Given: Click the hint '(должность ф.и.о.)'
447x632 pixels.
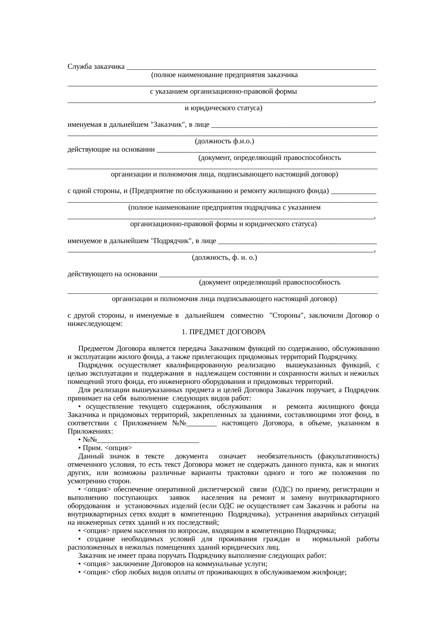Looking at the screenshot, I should [224, 142].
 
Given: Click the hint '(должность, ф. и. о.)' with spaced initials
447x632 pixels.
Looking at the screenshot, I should [224, 257].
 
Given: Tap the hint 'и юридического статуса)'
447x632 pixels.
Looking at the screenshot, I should [223, 108].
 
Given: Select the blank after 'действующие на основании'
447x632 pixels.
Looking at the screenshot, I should [267, 150].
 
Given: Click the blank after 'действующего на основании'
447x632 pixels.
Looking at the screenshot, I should [269, 275].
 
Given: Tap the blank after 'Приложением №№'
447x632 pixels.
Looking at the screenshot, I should [202, 423].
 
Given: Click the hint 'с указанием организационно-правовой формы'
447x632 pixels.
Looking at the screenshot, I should [223, 91].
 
